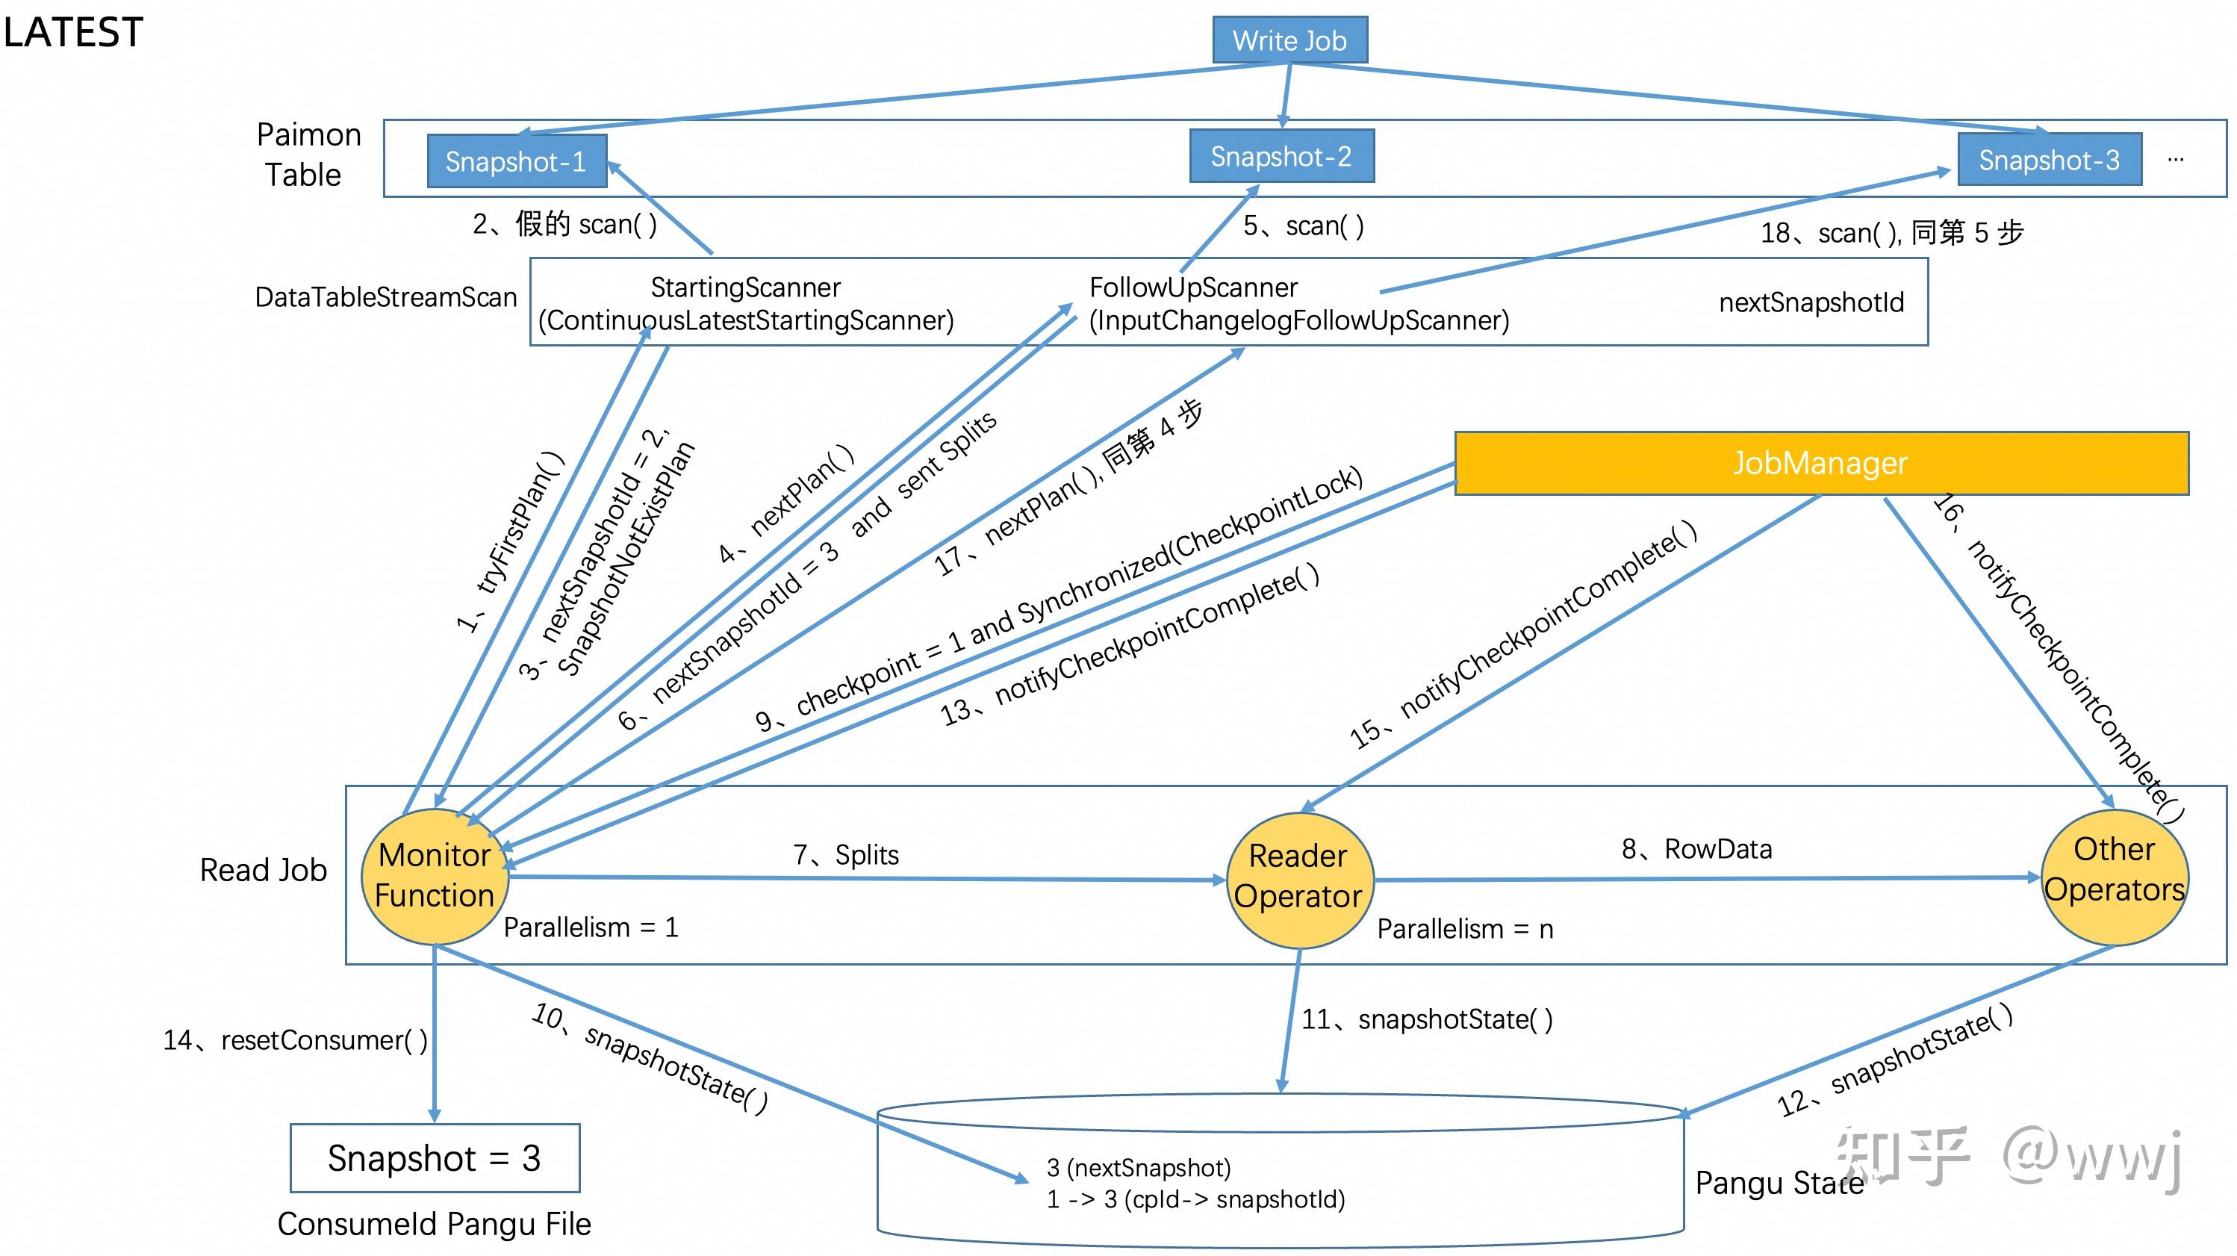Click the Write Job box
coord(1289,40)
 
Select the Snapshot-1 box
coord(516,161)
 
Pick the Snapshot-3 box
coord(2049,160)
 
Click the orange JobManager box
coord(1820,463)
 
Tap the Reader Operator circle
coord(1298,877)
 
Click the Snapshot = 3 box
coord(435,1158)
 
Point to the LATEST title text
coord(73,33)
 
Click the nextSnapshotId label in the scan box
coord(1811,302)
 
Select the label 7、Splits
coord(846,855)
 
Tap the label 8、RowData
coord(1696,848)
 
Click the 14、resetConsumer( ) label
coord(295,1039)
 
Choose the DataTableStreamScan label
coord(385,297)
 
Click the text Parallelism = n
coord(1464,928)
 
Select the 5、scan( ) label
coord(1303,226)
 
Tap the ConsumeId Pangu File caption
coord(435,1224)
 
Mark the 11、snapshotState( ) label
coord(1426,1019)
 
